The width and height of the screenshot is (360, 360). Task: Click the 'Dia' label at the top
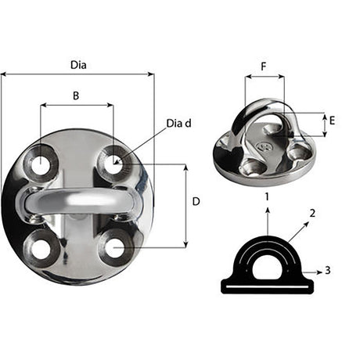tap(77, 66)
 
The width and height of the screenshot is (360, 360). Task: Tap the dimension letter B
tap(76, 95)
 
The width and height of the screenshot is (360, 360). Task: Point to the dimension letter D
tap(196, 202)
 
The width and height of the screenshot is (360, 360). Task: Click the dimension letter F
tap(263, 68)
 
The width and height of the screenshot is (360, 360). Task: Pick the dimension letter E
tap(332, 121)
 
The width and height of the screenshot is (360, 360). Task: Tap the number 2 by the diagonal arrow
tap(311, 212)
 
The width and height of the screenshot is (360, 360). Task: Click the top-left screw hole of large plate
tap(38, 164)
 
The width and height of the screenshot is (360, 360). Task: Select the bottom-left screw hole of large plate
tap(38, 248)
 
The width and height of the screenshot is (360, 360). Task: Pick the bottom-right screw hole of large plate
tap(114, 249)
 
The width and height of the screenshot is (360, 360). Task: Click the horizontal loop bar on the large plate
tap(76, 201)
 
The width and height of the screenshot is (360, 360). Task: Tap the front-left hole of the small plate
tap(252, 165)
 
